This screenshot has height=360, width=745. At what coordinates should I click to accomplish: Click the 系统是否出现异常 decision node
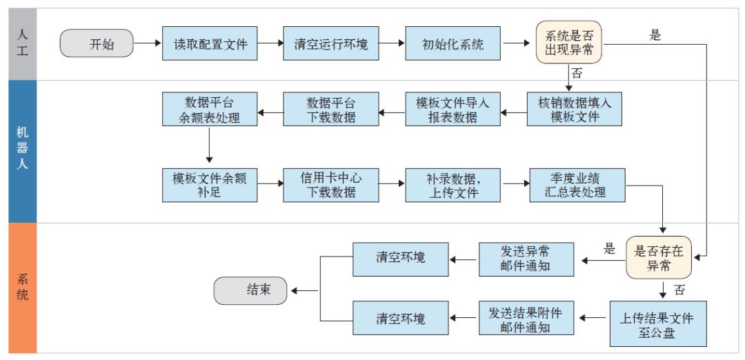point(569,42)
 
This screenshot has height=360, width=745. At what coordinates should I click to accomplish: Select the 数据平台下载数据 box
point(331,110)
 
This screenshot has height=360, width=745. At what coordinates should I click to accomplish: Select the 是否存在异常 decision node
point(657,257)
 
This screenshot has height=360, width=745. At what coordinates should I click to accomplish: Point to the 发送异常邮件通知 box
point(527,257)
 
